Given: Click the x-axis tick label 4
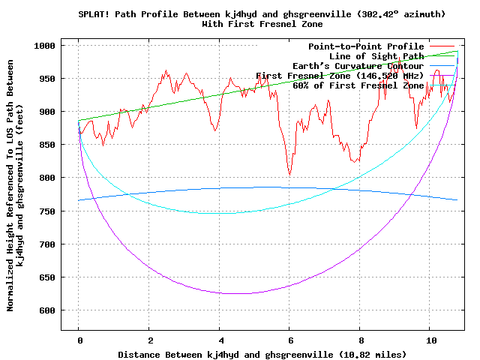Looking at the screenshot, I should pos(220,340).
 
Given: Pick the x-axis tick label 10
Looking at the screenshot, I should pos(430,340).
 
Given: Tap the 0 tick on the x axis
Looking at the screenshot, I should pos(79,340).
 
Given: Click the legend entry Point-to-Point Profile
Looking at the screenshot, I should pos(366,46).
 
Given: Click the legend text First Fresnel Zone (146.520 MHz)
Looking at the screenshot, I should pos(340,76).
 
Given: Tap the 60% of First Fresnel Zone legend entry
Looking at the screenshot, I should pos(358,85).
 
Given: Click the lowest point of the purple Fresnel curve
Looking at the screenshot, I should pos(238,293).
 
